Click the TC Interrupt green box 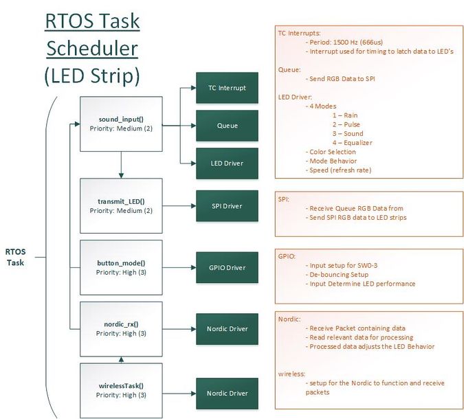[x=227, y=88]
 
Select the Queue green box [x=227, y=126]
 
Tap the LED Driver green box [x=227, y=163]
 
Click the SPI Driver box [x=227, y=206]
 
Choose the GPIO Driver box [x=227, y=268]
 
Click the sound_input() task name [x=121, y=120]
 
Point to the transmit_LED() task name [x=121, y=202]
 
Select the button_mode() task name [x=121, y=263]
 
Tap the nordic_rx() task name [x=121, y=324]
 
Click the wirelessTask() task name [x=121, y=386]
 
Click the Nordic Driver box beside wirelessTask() [x=227, y=394]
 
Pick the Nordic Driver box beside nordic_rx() [x=227, y=329]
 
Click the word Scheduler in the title [x=92, y=48]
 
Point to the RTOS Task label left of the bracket [x=15, y=257]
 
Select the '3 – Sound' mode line [x=348, y=134]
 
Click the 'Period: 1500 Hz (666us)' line [x=344, y=43]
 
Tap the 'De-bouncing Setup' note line [x=337, y=274]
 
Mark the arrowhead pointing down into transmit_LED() [x=121, y=175]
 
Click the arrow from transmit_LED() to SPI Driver [x=179, y=206]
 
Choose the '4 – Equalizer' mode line [x=352, y=143]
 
